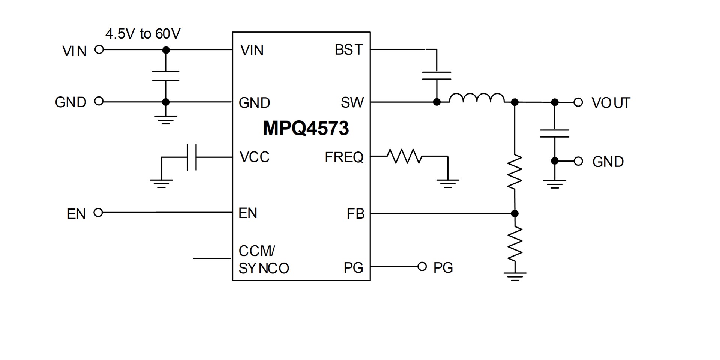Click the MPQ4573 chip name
[306, 128]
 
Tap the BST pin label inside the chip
[349, 50]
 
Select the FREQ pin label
[344, 157]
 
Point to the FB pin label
[355, 214]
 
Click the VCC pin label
[255, 157]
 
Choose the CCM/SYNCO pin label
[264, 259]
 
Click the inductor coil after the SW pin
[477, 97]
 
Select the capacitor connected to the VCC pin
[192, 157]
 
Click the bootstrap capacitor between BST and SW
[436, 75]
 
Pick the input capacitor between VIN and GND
[166, 75]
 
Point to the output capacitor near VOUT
[555, 133]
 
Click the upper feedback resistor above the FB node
[515, 171]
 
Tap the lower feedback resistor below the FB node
[515, 244]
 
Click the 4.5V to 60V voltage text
[143, 34]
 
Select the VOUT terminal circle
[578, 102]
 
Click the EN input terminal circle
[98, 213]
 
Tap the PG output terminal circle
[422, 267]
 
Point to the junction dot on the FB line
[515, 213]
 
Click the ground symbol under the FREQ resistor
[448, 183]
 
